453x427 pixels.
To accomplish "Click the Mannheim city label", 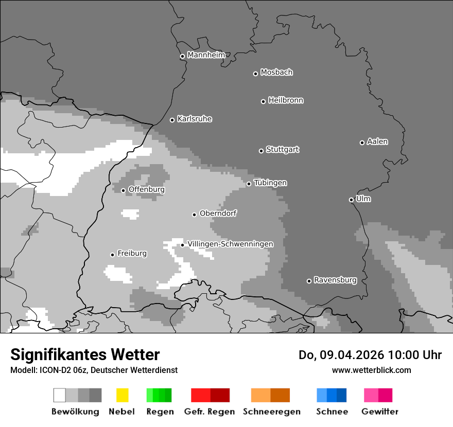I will click(206, 55).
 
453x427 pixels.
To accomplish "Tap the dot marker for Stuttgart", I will click(261, 151).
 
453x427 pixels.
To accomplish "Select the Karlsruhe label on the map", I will click(195, 119).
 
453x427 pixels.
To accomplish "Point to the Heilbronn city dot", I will click(263, 101).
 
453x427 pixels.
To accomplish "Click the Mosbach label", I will click(276, 73).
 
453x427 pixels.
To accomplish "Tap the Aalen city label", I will click(377, 141).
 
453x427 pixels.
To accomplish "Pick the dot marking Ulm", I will click(351, 200).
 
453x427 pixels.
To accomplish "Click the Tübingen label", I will click(270, 183).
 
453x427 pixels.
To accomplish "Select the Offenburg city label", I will click(146, 189).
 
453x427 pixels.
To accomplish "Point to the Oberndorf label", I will click(218, 213).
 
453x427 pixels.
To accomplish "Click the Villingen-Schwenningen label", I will click(230, 244).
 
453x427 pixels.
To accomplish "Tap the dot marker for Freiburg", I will click(112, 255).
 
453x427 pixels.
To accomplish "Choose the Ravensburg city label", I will click(335, 280).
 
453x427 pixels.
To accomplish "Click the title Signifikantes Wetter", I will click(85, 354).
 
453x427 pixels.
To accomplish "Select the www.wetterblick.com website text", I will click(371, 370).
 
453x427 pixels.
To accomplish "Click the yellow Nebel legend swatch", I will click(122, 395).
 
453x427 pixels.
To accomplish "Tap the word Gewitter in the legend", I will click(379, 412).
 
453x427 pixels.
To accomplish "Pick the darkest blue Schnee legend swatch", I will click(341, 395).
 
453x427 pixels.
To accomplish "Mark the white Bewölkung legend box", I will click(60, 395).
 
